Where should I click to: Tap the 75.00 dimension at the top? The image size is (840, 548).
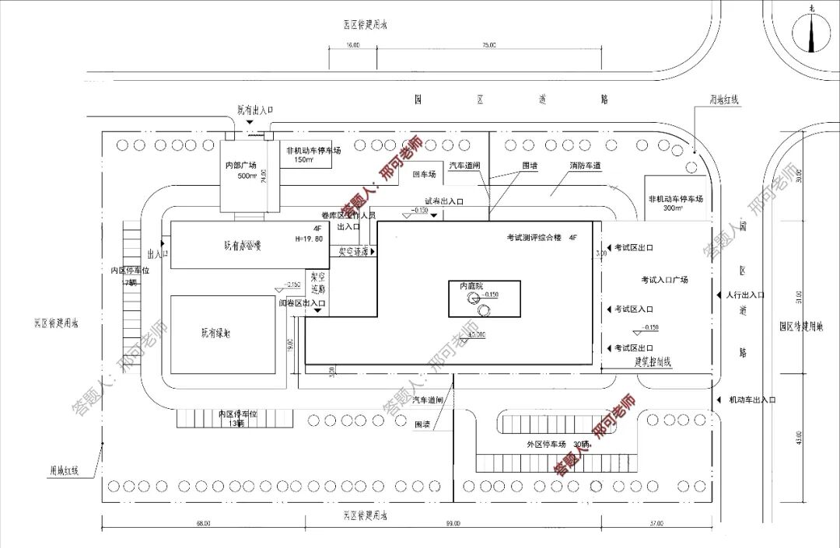pos(488,46)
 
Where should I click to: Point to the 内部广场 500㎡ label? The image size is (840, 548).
pos(240,170)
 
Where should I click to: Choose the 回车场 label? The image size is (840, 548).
pos(425,175)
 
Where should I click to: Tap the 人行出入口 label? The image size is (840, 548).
pos(745,295)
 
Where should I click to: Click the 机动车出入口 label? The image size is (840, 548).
pos(752,400)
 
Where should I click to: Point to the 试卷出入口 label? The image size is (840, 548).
pos(444,201)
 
